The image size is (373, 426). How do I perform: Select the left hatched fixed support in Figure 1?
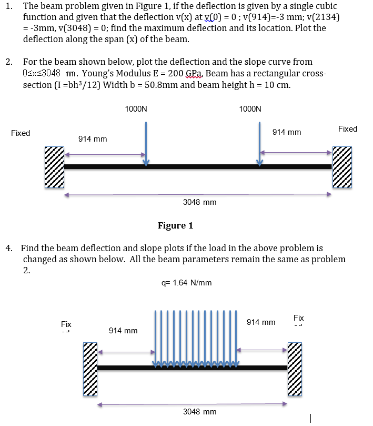click(54, 167)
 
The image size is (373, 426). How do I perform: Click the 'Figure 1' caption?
click(175, 226)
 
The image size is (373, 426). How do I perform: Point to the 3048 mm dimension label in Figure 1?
click(199, 202)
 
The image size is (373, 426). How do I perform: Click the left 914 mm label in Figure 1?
click(93, 139)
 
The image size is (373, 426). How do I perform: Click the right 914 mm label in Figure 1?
click(287, 132)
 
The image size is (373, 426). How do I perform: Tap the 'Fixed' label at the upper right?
click(348, 129)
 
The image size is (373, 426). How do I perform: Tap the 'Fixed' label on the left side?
click(21, 133)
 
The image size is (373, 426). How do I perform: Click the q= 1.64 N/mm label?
click(187, 283)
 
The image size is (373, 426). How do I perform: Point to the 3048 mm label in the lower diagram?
click(199, 411)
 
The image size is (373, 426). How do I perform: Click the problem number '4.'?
click(9, 247)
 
